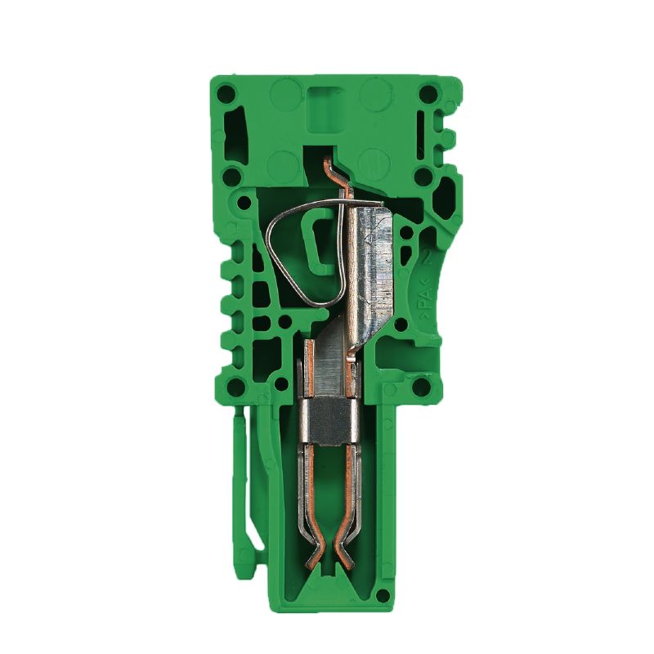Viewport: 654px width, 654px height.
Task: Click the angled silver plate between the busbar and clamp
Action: pos(335,352)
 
